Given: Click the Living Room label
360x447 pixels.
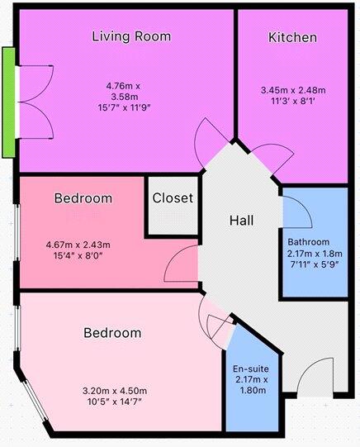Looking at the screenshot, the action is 131,37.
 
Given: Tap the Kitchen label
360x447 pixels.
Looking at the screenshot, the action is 292,38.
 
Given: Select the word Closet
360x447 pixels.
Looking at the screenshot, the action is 173,197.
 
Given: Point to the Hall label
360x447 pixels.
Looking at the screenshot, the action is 242,221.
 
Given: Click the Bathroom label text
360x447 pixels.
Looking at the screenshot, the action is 309,242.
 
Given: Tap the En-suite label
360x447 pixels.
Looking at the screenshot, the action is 251,369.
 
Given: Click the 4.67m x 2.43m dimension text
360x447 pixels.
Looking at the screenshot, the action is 78,245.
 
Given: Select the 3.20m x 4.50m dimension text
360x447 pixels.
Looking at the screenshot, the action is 115,391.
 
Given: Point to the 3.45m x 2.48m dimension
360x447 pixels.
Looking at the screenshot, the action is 293,90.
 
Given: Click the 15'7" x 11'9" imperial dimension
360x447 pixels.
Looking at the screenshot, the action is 124,107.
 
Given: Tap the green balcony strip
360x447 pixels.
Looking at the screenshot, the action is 8,102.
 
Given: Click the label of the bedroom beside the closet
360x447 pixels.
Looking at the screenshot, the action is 83,198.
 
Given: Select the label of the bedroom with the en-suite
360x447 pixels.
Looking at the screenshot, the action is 112,333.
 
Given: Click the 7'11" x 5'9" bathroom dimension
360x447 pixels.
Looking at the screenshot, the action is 315,264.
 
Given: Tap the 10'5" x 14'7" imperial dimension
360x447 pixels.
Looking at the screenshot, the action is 115,402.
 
